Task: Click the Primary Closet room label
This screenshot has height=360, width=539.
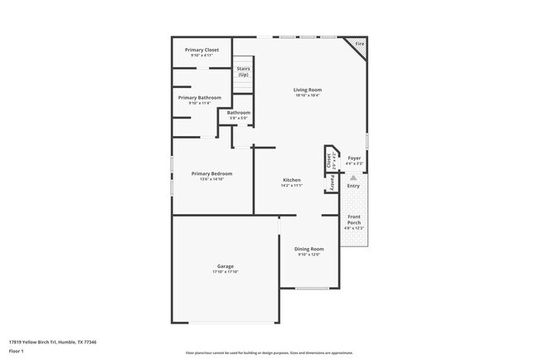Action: (202, 50)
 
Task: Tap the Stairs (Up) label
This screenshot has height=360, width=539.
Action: (244, 71)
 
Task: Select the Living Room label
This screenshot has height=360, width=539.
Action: (308, 90)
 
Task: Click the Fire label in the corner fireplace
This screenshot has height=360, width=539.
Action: (359, 43)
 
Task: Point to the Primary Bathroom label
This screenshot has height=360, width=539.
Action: (199, 98)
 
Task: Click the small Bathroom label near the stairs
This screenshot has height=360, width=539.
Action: (239, 113)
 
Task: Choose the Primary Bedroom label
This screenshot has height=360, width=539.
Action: (211, 173)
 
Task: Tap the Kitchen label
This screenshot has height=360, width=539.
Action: (291, 180)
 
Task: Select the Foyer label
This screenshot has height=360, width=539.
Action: (354, 157)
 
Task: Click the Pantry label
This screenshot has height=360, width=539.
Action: (333, 182)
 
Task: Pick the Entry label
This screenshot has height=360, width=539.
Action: (353, 186)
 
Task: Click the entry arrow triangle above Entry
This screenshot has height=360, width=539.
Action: (353, 178)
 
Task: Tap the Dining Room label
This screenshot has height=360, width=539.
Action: (309, 249)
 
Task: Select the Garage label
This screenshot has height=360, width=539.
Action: (225, 266)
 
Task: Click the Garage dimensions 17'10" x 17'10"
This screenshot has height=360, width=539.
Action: (225, 272)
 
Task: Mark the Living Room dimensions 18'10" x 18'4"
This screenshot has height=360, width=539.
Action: (308, 95)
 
